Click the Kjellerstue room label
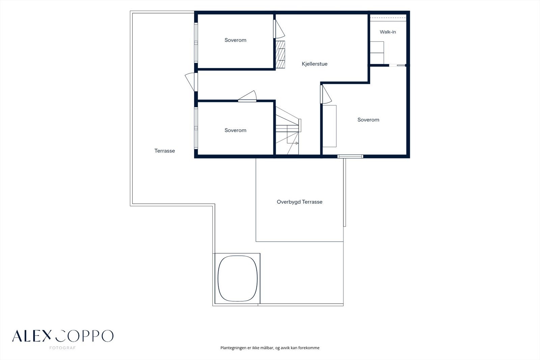pos(315,64)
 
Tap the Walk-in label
pos(388,32)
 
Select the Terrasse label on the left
pos(165,151)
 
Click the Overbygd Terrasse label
pos(299,202)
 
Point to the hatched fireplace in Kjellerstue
pos(280,54)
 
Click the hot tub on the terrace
pos(238,279)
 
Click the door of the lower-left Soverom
pos(247,96)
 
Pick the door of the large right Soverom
pos(326,94)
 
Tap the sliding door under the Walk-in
pos(398,65)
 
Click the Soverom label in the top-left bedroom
pos(236,40)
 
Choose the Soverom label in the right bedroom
pos(368,120)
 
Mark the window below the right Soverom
pos(350,157)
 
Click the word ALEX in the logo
pos(32,336)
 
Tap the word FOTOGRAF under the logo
pos(62,348)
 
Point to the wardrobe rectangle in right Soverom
pos(329,126)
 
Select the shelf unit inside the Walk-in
pos(377,53)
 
